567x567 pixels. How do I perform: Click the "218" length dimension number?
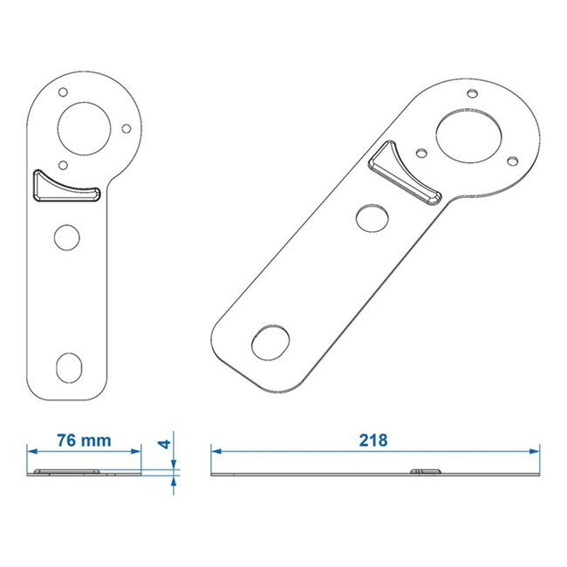click(372, 440)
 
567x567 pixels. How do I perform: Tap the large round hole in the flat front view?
click(85, 126)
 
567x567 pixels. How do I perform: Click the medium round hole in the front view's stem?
click(65, 236)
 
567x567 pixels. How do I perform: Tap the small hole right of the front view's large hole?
click(126, 128)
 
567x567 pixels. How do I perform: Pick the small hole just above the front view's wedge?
click(62, 163)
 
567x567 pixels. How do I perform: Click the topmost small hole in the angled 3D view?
click(471, 92)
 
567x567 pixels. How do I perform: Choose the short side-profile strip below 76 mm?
click(85, 474)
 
